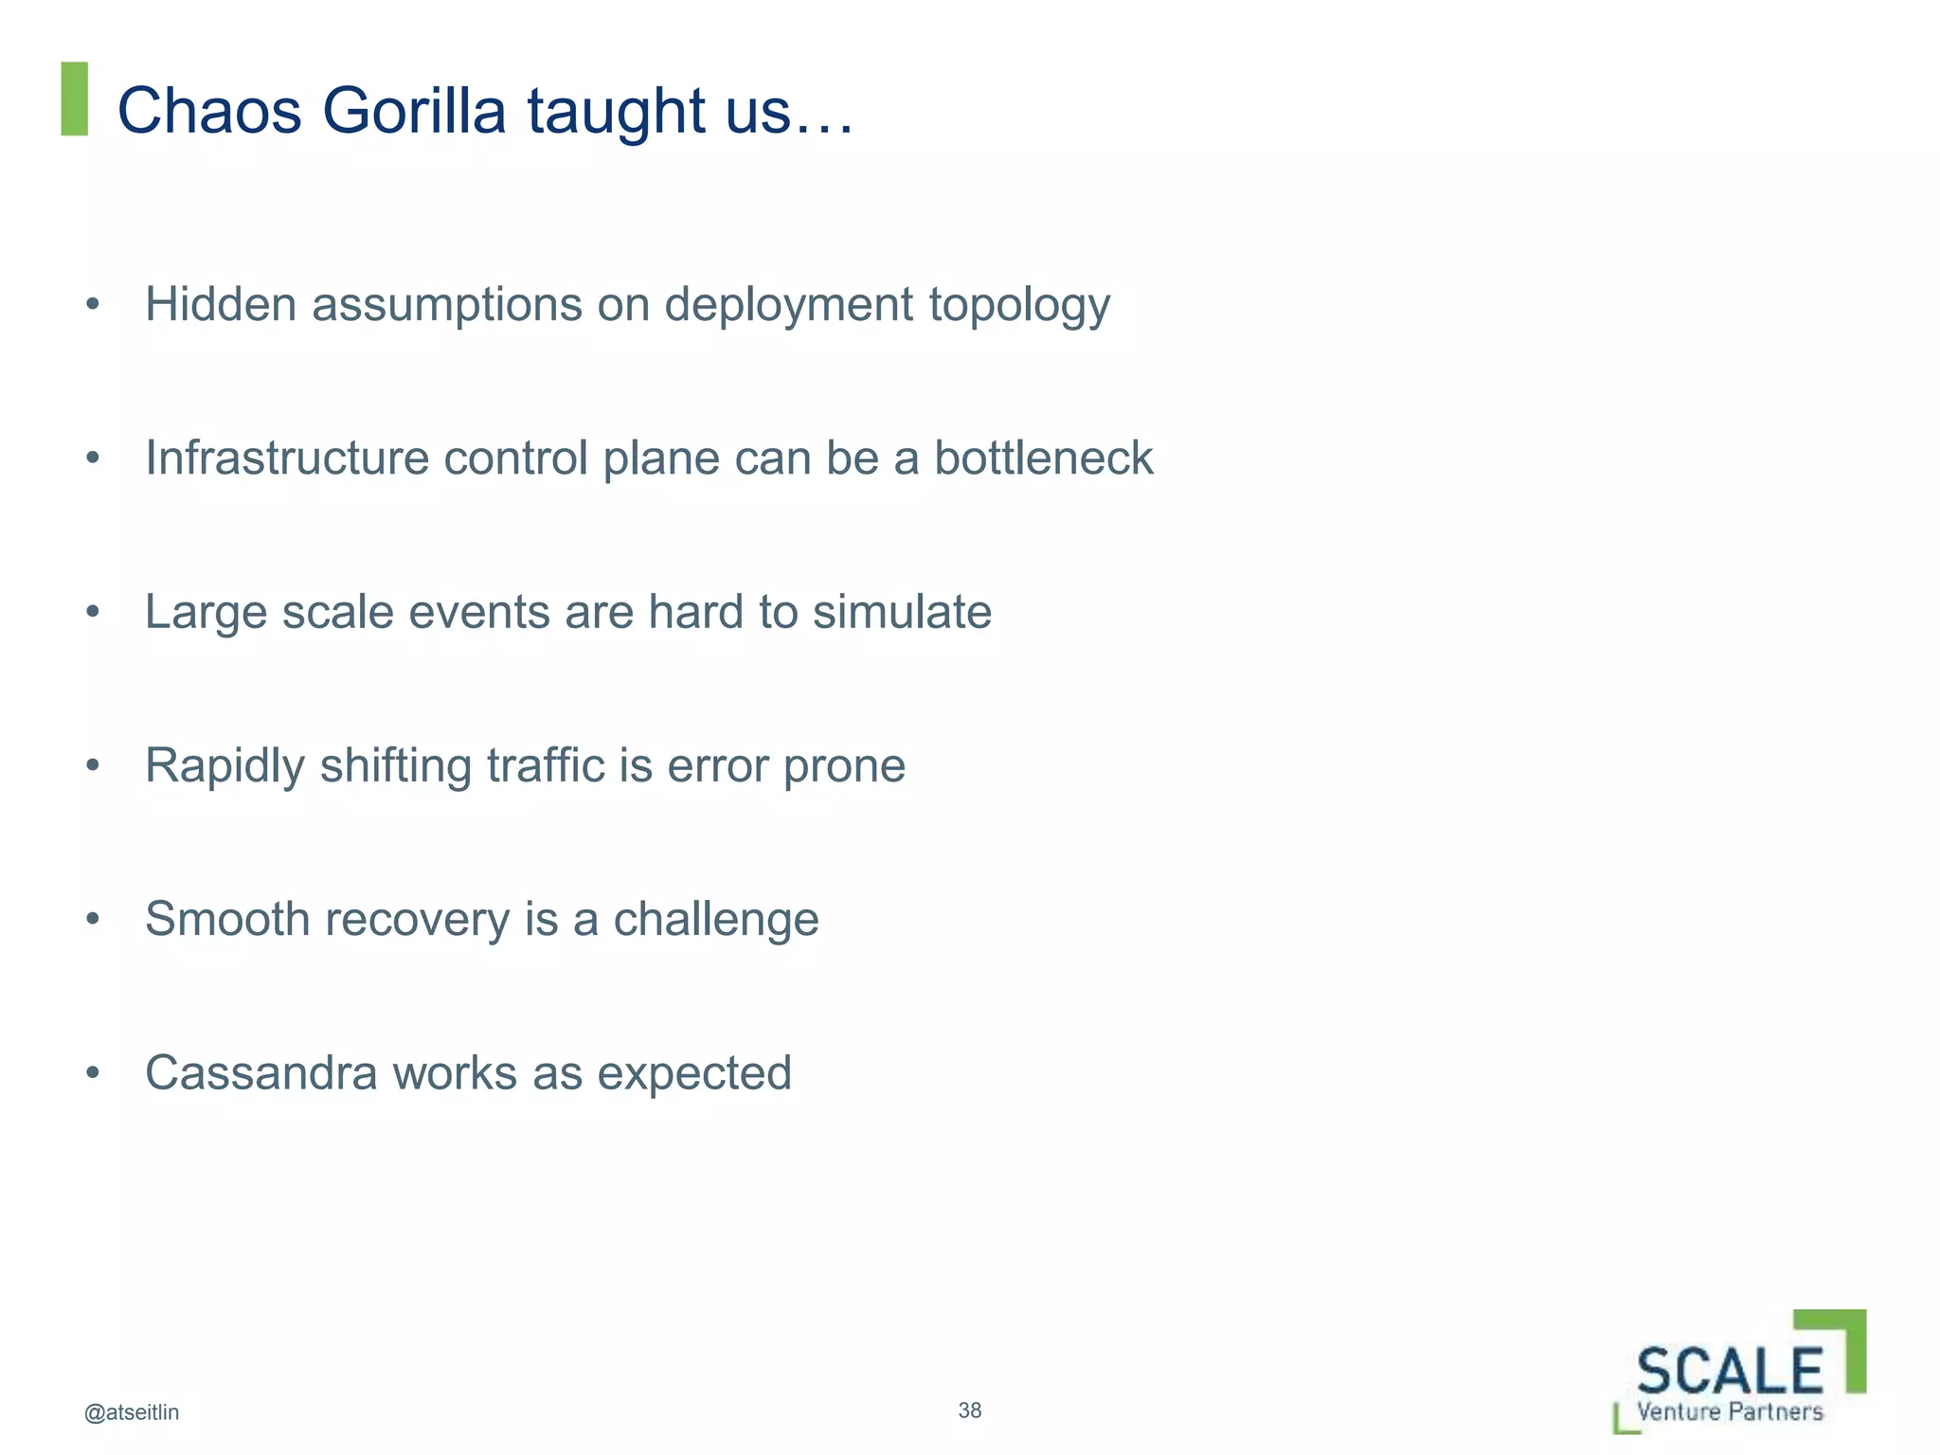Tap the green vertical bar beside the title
[74, 99]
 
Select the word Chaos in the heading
[209, 111]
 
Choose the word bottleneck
[1043, 458]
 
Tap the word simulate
[902, 611]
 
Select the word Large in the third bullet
[206, 613]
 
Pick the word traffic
[546, 764]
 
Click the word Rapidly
[225, 766]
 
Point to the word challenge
[715, 919]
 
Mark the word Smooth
[227, 919]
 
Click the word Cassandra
[260, 1072]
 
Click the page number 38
[969, 1410]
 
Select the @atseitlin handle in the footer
[132, 1412]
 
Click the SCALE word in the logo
[1729, 1371]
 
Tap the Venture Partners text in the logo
[1730, 1411]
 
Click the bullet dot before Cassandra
[92, 1073]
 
